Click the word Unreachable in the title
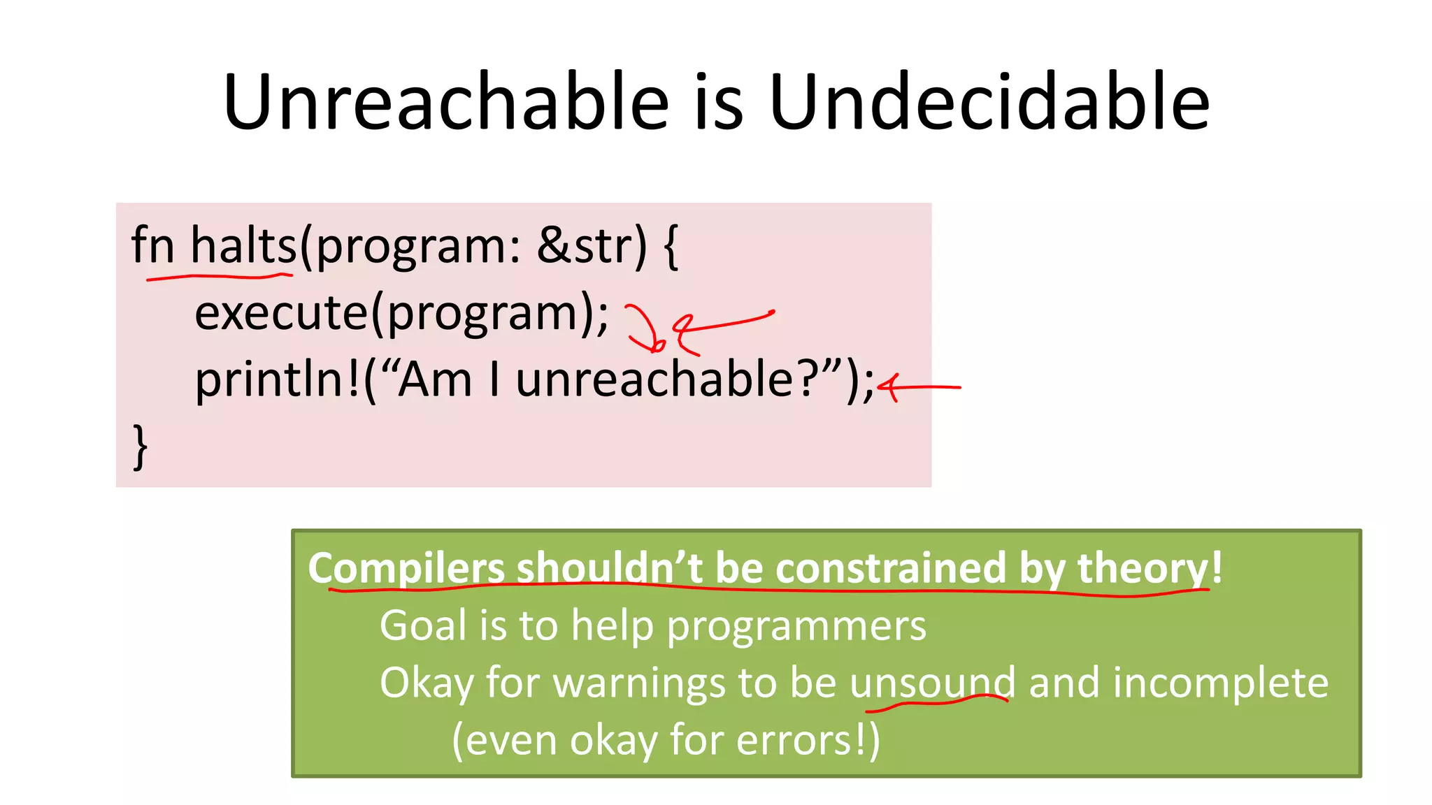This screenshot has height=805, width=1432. point(446,103)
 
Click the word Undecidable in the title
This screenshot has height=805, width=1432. point(989,103)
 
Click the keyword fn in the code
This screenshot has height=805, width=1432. point(152,246)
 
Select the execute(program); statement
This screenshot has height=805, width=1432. point(401,314)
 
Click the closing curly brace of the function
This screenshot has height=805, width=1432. point(141,447)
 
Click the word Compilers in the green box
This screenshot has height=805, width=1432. point(406,568)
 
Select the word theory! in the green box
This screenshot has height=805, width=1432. point(1150,568)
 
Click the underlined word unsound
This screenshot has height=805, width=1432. point(932,683)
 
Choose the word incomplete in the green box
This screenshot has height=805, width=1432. point(1220,683)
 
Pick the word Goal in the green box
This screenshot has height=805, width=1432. point(422,625)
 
